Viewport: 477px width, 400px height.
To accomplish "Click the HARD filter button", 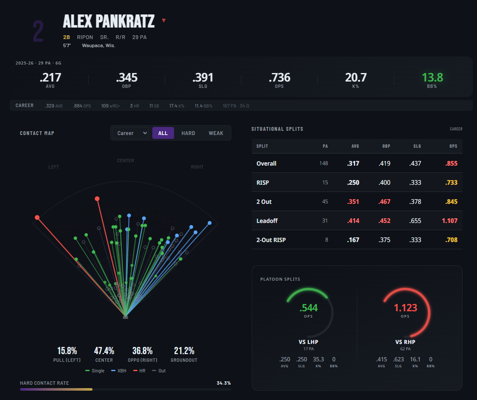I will pyautogui.click(x=188, y=133).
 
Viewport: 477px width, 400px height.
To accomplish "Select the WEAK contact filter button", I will pyautogui.click(x=216, y=133).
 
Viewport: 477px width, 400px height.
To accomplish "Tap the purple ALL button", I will pyautogui.click(x=163, y=133).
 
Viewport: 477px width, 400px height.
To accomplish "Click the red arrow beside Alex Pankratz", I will pyautogui.click(x=164, y=21).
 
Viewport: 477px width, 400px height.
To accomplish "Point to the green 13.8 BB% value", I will pyautogui.click(x=432, y=78).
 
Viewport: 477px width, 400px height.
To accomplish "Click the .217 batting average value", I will pyautogui.click(x=51, y=78).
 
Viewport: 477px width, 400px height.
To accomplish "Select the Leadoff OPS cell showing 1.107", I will pyautogui.click(x=449, y=221).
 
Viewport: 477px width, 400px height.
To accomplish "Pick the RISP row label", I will pyautogui.click(x=263, y=183).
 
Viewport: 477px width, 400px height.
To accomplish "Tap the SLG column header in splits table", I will pyautogui.click(x=417, y=146).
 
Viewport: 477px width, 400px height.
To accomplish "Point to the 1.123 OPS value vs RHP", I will pyautogui.click(x=405, y=308).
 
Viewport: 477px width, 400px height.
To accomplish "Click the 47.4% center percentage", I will pyautogui.click(x=104, y=351).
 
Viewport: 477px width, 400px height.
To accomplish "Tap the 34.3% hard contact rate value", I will pyautogui.click(x=223, y=383).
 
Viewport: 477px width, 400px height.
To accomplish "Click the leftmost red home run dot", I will pyautogui.click(x=37, y=217).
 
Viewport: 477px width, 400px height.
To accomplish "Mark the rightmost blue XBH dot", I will pyautogui.click(x=210, y=223).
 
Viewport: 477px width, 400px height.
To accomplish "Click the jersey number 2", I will pyautogui.click(x=38, y=32).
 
